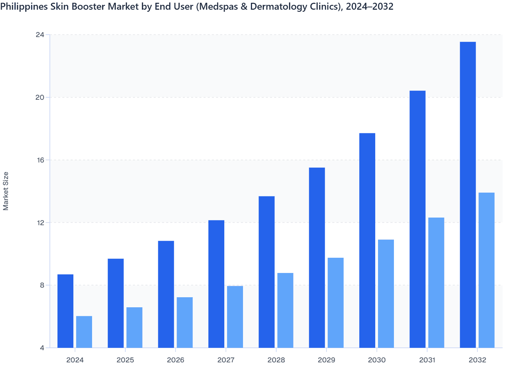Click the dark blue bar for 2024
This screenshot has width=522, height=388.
tap(65, 311)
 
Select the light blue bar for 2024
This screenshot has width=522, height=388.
tap(84, 332)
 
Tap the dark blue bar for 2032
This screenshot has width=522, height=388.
tap(468, 195)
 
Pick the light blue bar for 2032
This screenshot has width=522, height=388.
tap(486, 270)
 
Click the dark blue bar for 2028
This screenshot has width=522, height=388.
tap(267, 272)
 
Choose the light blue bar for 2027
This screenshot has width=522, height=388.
tap(235, 317)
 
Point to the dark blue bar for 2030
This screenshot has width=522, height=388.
tap(367, 240)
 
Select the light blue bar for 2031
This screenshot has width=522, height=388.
tap(436, 283)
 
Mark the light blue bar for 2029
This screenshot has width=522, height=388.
tap(336, 303)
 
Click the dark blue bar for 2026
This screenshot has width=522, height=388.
tap(166, 294)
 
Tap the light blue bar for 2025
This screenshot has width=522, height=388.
tap(134, 327)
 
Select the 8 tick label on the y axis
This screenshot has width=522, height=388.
tap(42, 285)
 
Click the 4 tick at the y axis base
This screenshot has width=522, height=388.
tap(42, 348)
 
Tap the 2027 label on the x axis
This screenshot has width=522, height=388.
tap(226, 360)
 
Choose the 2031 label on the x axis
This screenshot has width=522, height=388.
tap(427, 360)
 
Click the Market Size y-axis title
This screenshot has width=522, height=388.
tap(6, 191)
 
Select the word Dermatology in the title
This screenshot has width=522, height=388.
tap(272, 7)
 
